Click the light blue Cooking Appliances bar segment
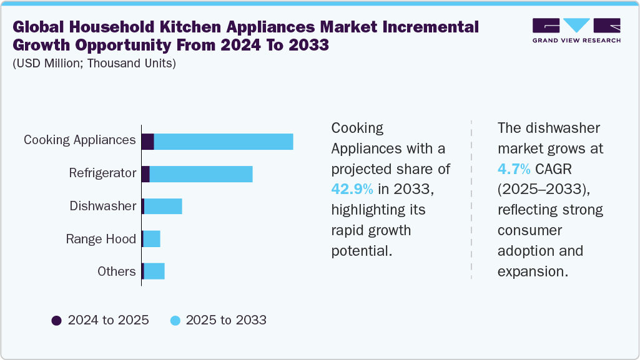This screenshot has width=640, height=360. (224, 142)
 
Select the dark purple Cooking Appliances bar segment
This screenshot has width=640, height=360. (148, 142)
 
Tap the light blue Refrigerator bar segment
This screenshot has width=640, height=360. (201, 174)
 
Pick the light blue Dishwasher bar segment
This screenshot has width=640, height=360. (163, 207)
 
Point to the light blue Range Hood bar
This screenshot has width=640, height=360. (152, 239)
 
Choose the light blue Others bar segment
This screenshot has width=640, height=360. (154, 271)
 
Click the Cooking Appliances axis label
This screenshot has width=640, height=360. (80, 140)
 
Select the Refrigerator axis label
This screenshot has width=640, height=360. (102, 173)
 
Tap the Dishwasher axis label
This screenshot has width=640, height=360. (103, 206)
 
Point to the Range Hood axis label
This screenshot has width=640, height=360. (101, 239)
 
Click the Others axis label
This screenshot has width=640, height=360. (117, 271)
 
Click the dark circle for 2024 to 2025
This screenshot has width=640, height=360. (57, 321)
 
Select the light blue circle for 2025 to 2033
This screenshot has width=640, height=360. (175, 321)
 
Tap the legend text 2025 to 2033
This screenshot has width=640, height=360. (226, 321)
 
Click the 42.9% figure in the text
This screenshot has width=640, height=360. (352, 189)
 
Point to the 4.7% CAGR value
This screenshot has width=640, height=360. (514, 169)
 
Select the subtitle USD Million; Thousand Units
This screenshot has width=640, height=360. (94, 64)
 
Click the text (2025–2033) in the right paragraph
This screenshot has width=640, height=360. (543, 189)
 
